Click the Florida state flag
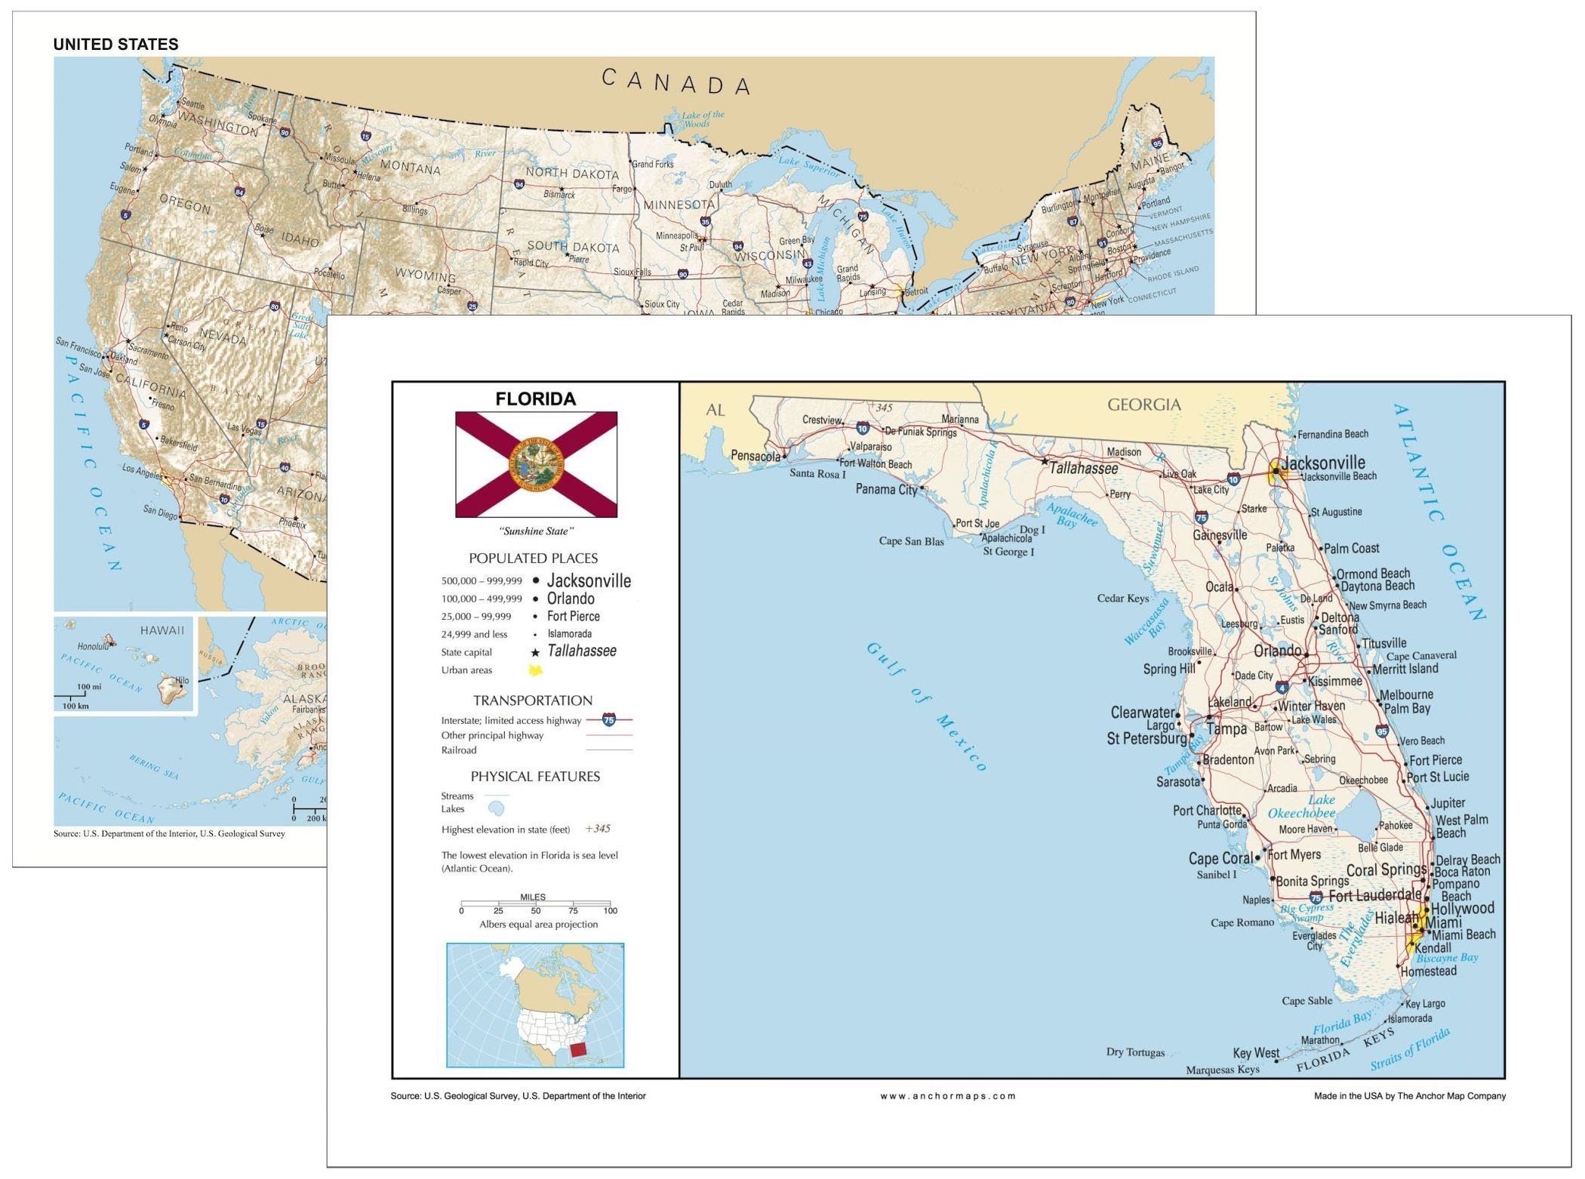(x=536, y=464)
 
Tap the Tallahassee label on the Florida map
(x=1082, y=468)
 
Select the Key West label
(x=1255, y=1053)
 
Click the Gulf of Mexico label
(x=926, y=705)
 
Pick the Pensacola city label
(x=755, y=456)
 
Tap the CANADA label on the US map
(x=676, y=82)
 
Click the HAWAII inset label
(x=162, y=630)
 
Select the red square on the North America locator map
(x=578, y=1049)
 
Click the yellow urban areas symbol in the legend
(x=535, y=670)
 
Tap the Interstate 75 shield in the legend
(x=609, y=720)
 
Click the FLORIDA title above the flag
(x=535, y=399)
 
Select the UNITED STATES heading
(x=115, y=45)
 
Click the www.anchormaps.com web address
(x=947, y=1096)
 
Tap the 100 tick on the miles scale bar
(x=610, y=910)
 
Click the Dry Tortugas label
(x=1135, y=1052)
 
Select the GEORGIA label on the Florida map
(x=1143, y=405)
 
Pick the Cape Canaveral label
(x=1421, y=655)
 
